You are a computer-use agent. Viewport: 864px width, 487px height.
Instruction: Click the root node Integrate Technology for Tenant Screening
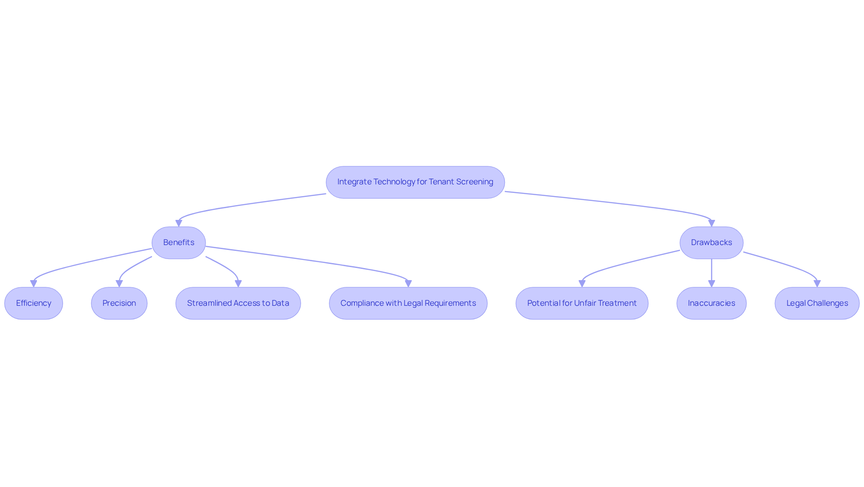(415, 182)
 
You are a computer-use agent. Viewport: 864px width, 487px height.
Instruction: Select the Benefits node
(179, 243)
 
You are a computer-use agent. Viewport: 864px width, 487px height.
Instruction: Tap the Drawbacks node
(711, 243)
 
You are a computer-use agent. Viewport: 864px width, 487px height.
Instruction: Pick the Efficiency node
(34, 304)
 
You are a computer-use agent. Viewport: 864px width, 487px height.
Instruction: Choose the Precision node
(119, 304)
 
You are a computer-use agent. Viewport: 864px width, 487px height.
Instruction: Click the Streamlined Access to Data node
(238, 304)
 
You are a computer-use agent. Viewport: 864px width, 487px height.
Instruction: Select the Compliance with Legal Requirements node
(408, 304)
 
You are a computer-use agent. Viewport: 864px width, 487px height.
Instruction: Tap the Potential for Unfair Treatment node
(582, 304)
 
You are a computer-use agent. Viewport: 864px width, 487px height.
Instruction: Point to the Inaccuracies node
(711, 304)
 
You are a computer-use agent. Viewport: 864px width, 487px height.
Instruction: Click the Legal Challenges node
(817, 304)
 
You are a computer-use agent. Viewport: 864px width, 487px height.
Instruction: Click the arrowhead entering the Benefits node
(179, 223)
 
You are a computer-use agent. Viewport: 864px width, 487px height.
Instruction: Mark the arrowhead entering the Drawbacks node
(711, 223)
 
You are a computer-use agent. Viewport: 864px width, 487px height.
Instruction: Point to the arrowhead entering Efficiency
(34, 284)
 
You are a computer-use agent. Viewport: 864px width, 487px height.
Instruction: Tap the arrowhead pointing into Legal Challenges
(817, 284)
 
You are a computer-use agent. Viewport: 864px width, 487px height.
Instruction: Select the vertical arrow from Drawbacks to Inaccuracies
(711, 273)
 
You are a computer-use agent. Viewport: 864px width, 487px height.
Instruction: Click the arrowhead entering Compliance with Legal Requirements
(408, 284)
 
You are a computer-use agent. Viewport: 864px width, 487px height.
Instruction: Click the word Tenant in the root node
(441, 182)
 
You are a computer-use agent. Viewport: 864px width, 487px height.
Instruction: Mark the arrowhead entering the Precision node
(119, 284)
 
